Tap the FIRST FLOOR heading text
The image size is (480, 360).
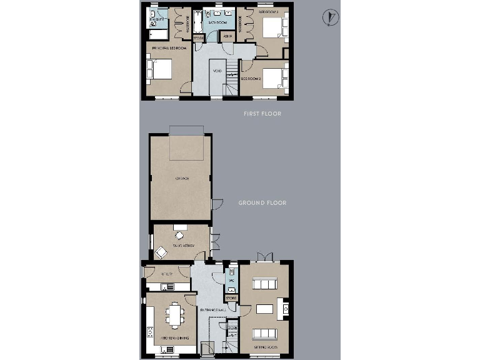pyautogui.click(x=262, y=114)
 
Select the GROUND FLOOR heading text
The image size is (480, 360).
pyautogui.click(x=262, y=203)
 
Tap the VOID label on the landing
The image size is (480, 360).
pyautogui.click(x=217, y=71)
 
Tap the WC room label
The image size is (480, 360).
pyautogui.click(x=231, y=281)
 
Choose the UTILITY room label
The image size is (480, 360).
pyautogui.click(x=166, y=274)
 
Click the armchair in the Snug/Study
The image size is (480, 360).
pyautogui.click(x=161, y=252)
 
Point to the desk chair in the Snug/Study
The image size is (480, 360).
pyautogui.click(x=179, y=236)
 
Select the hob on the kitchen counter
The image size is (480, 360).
pyautogui.click(x=151, y=332)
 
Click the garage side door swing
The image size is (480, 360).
pyautogui.click(x=217, y=204)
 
